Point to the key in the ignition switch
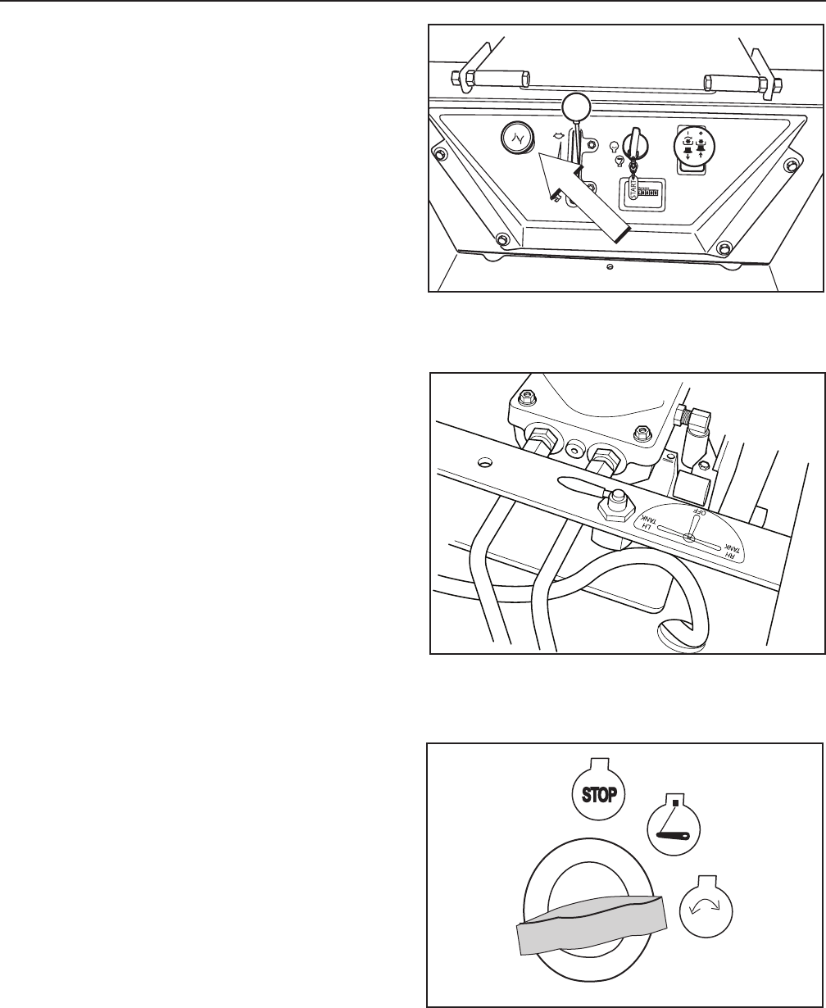click(632, 148)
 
